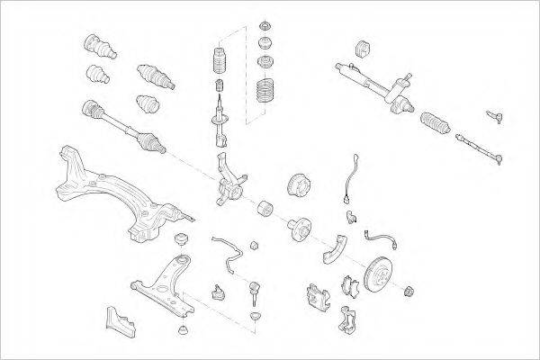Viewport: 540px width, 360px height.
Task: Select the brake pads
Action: tap(349, 286)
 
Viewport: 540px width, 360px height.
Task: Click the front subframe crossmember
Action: tap(117, 193)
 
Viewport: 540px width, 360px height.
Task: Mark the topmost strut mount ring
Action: tap(266, 24)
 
